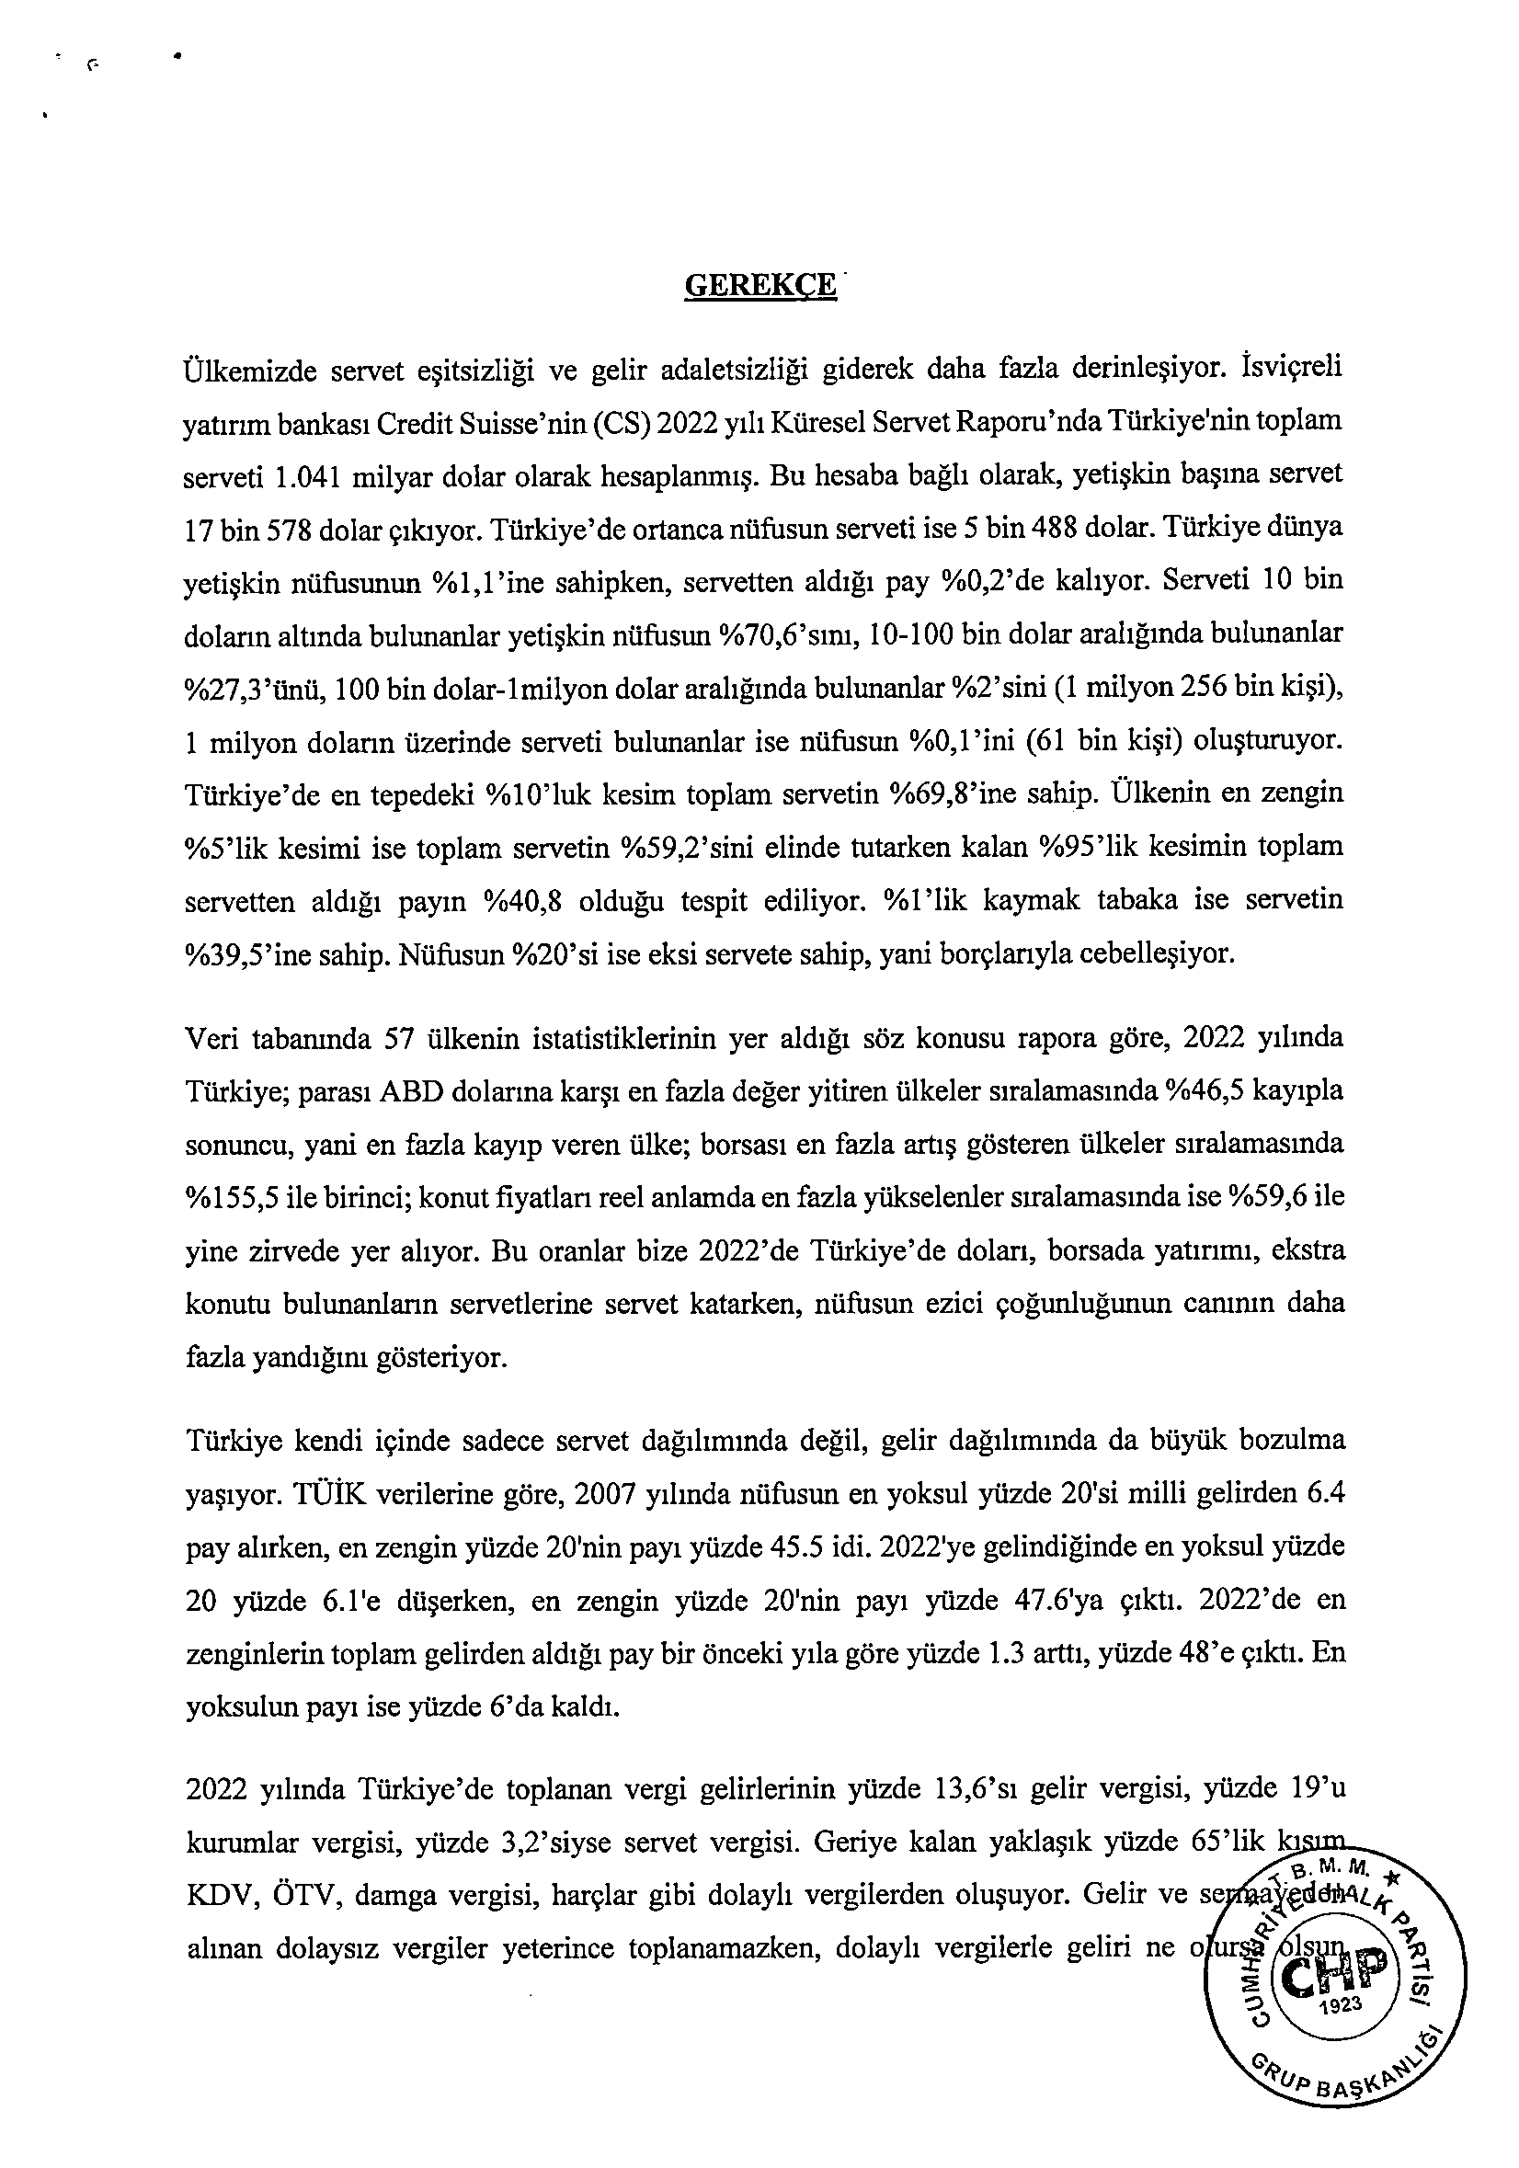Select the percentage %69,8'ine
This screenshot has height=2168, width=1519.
point(954,793)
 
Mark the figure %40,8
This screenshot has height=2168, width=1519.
point(523,901)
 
